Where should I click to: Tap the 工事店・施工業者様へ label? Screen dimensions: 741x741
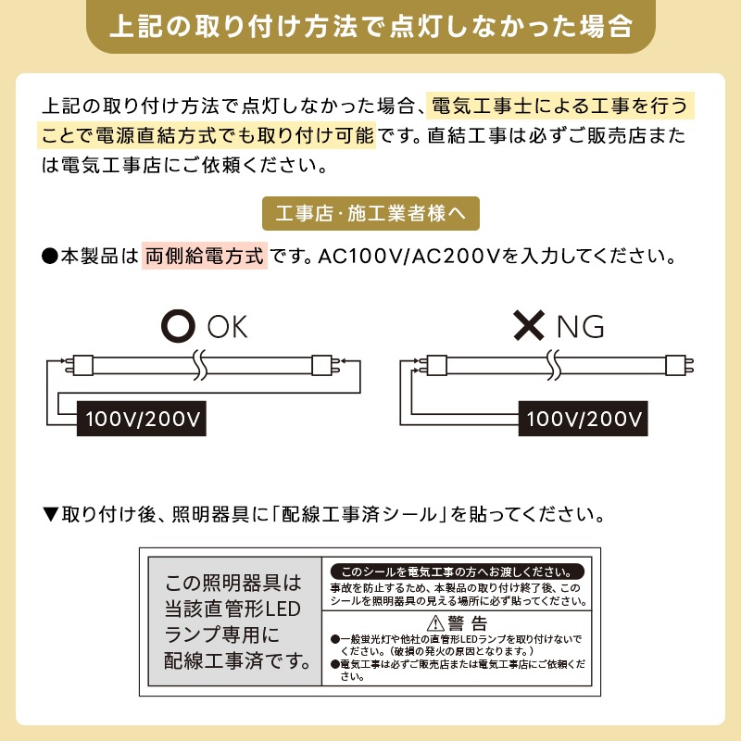[370, 214]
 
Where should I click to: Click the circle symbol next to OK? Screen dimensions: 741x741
[179, 326]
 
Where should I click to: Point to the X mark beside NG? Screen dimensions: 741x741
[529, 326]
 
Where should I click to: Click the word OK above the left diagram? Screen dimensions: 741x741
[227, 327]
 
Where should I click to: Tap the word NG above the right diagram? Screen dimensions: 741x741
[580, 327]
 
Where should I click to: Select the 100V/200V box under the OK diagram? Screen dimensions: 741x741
[142, 418]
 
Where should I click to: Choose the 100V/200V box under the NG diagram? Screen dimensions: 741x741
[584, 418]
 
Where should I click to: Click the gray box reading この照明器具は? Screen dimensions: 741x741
[234, 622]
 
